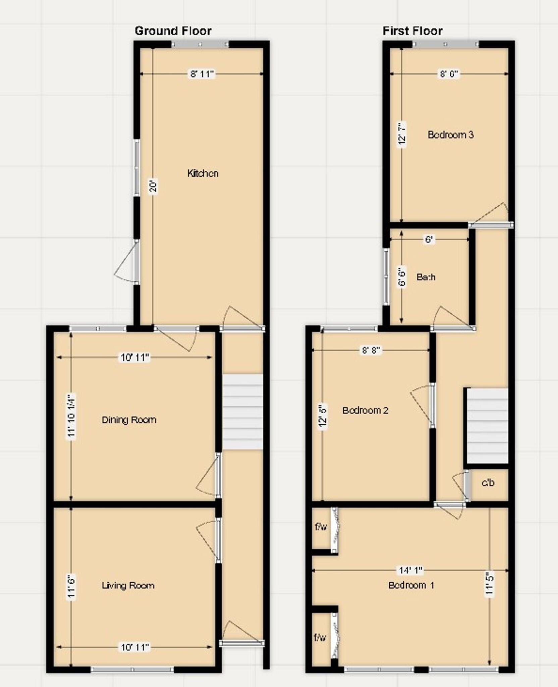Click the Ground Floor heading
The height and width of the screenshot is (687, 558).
coord(173,31)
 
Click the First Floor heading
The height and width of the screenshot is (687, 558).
coord(412,31)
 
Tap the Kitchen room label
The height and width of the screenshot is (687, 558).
coord(203,173)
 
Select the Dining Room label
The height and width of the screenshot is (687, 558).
coord(129,420)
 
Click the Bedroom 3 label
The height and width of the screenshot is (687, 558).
coord(450,135)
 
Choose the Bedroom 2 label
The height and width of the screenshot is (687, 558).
coord(365,410)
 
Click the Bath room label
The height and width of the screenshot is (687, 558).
coord(426,277)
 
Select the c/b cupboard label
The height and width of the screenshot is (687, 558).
coord(488,483)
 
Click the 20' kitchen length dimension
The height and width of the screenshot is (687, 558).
coord(153,187)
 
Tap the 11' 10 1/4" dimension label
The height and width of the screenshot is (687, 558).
coord(71,416)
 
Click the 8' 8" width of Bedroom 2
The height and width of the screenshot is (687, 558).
coord(371,350)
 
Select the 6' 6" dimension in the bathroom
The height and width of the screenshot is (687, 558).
coord(402,276)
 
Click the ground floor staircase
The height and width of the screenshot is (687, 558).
coord(243,412)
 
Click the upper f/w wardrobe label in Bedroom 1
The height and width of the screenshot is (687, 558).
coord(321,527)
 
